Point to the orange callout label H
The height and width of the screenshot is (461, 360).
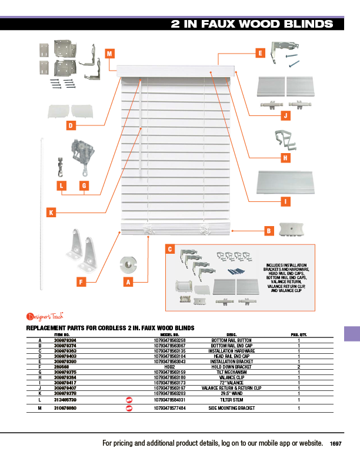point(285,158)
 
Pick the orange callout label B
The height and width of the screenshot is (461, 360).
point(268,231)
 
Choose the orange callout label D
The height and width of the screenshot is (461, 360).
point(69,125)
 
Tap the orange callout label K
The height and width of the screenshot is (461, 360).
point(52,211)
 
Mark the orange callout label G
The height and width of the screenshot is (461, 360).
point(84,186)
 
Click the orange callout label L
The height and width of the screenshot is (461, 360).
point(62,186)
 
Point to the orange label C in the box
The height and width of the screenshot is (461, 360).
point(169,250)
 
